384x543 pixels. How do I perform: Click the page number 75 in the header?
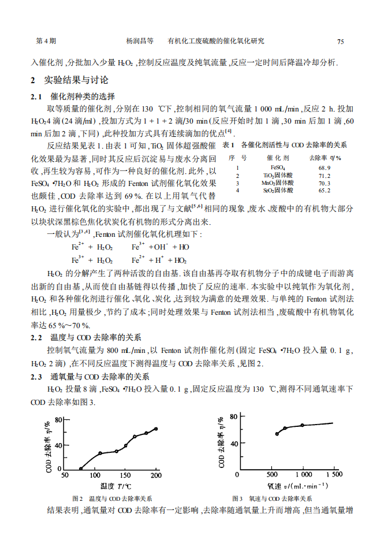tap(341, 42)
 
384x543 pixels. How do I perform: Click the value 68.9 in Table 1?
tap(324, 168)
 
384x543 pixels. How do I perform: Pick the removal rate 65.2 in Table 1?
tap(324, 191)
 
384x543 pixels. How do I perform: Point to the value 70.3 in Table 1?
tap(324, 183)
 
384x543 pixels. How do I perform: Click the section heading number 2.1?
tap(36, 96)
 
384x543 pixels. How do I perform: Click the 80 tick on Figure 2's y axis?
tap(58, 419)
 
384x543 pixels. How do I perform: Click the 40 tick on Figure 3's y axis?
tap(233, 444)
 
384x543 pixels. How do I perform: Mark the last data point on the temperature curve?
tap(155, 429)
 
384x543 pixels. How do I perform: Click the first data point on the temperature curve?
tap(81, 468)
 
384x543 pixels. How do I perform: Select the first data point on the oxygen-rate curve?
tap(277, 433)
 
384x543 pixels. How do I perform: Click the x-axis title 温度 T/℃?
tap(115, 485)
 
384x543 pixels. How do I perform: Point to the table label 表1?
tap(228, 144)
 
